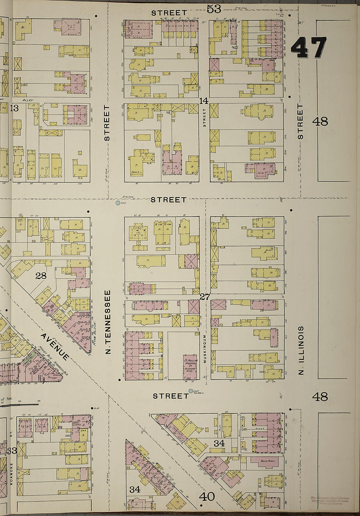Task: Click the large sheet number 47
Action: pyautogui.click(x=309, y=48)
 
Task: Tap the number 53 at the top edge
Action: pyautogui.click(x=214, y=9)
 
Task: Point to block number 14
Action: pyautogui.click(x=204, y=101)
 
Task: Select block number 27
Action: pyautogui.click(x=205, y=297)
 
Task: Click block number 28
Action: pyautogui.click(x=41, y=276)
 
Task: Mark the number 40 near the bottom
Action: pyautogui.click(x=207, y=497)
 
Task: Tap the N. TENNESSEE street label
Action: pyautogui.click(x=109, y=322)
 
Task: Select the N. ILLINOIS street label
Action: pyautogui.click(x=301, y=350)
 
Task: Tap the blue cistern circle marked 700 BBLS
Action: pyautogui.click(x=191, y=391)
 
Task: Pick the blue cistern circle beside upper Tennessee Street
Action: pyautogui.click(x=118, y=203)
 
